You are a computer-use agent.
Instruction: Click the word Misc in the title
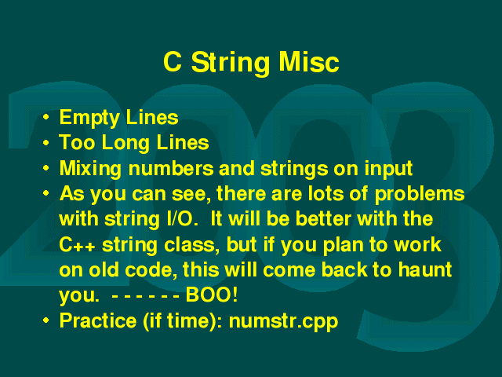[308, 62]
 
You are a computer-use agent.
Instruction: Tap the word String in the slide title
[230, 64]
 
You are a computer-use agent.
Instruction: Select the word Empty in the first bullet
[89, 119]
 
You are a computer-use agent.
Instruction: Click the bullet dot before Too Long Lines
[45, 142]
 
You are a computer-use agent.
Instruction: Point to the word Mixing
[90, 169]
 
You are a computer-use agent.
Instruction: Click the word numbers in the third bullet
[171, 168]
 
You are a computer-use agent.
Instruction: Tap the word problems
[420, 194]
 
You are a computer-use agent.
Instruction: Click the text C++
[77, 245]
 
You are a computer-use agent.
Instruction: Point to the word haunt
[425, 269]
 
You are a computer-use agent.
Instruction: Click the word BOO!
[212, 295]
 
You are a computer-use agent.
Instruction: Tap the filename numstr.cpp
[283, 321]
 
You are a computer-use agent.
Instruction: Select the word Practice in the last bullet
[98, 320]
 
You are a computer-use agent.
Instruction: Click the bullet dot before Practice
[45, 320]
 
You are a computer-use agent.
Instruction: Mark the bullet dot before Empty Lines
[45, 117]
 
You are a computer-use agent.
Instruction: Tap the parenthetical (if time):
[183, 320]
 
